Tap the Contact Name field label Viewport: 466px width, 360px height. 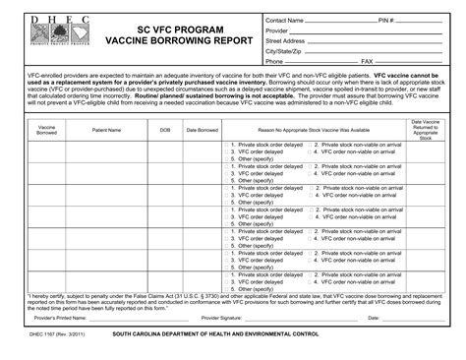[x=284, y=20]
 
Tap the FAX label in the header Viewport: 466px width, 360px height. [x=367, y=61]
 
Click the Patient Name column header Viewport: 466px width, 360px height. [x=107, y=129]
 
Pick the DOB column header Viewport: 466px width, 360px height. [x=165, y=129]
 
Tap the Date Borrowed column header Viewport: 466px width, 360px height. [x=202, y=129]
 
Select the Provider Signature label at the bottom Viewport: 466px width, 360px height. [x=221, y=318]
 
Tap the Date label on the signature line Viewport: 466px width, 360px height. [x=374, y=318]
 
